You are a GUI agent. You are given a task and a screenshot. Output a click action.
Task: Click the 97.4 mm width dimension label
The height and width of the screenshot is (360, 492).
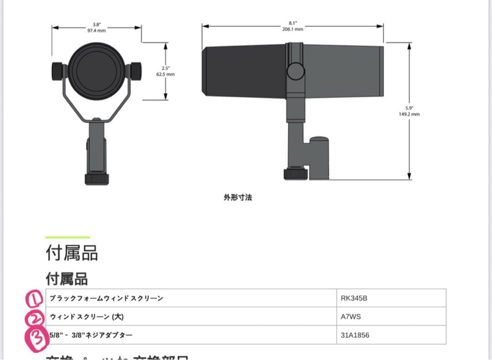pos(97,27)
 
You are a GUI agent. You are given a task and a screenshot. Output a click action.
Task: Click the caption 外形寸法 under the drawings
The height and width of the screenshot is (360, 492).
pos(237,198)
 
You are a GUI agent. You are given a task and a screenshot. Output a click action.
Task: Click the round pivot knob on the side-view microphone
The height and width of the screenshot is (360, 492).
pos(295,71)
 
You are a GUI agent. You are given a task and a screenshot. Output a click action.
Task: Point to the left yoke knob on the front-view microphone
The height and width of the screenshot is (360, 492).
pos(58,71)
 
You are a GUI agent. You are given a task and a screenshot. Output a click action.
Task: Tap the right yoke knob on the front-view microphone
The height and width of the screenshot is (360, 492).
pos(135,71)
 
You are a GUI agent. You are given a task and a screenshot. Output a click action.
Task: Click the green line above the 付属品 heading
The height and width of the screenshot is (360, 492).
pos(67,237)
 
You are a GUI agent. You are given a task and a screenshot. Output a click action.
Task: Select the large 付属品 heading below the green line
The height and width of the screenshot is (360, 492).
pos(72,253)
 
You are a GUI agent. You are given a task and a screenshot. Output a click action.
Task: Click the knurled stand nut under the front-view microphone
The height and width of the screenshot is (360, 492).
pos(97,178)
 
